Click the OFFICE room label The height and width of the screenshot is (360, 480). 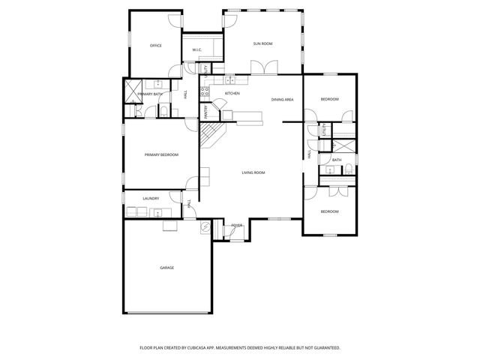click(156, 46)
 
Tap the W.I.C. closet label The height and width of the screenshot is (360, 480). click(196, 50)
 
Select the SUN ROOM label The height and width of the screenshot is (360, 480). click(262, 44)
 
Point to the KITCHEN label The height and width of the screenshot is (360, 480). click(232, 93)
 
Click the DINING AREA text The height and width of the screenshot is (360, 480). click(282, 99)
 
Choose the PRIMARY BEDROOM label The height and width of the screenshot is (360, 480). click(161, 154)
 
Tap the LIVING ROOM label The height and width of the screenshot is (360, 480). click(253, 172)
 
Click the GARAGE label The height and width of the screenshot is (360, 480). click(166, 267)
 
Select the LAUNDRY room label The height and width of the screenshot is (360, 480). click(151, 199)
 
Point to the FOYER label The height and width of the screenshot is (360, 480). click(236, 225)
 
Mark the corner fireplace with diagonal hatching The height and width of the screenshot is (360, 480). click(209, 134)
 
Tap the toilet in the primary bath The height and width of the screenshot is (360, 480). click(163, 112)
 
